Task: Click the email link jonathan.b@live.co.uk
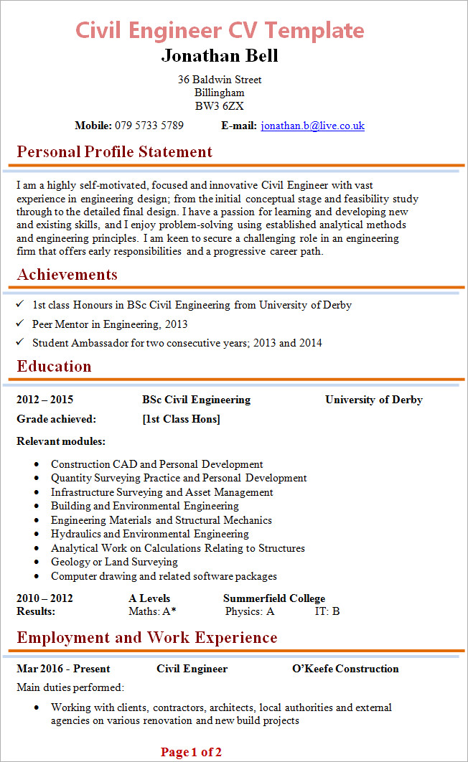click(312, 126)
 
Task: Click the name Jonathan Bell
click(220, 56)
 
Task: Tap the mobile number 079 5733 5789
click(149, 126)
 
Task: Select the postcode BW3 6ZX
click(220, 106)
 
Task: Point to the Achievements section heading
click(67, 275)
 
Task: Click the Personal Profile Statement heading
click(115, 152)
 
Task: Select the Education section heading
click(55, 367)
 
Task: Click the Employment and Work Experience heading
click(147, 638)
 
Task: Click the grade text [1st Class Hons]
click(182, 419)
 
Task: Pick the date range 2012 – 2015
click(45, 400)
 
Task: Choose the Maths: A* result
click(152, 611)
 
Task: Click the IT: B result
click(327, 611)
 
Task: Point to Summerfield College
click(274, 598)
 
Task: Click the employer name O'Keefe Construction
click(345, 669)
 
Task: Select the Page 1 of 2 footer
click(191, 752)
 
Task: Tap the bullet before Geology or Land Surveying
click(37, 563)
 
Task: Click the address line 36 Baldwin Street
click(220, 80)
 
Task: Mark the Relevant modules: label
click(61, 441)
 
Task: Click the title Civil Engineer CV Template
click(220, 30)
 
